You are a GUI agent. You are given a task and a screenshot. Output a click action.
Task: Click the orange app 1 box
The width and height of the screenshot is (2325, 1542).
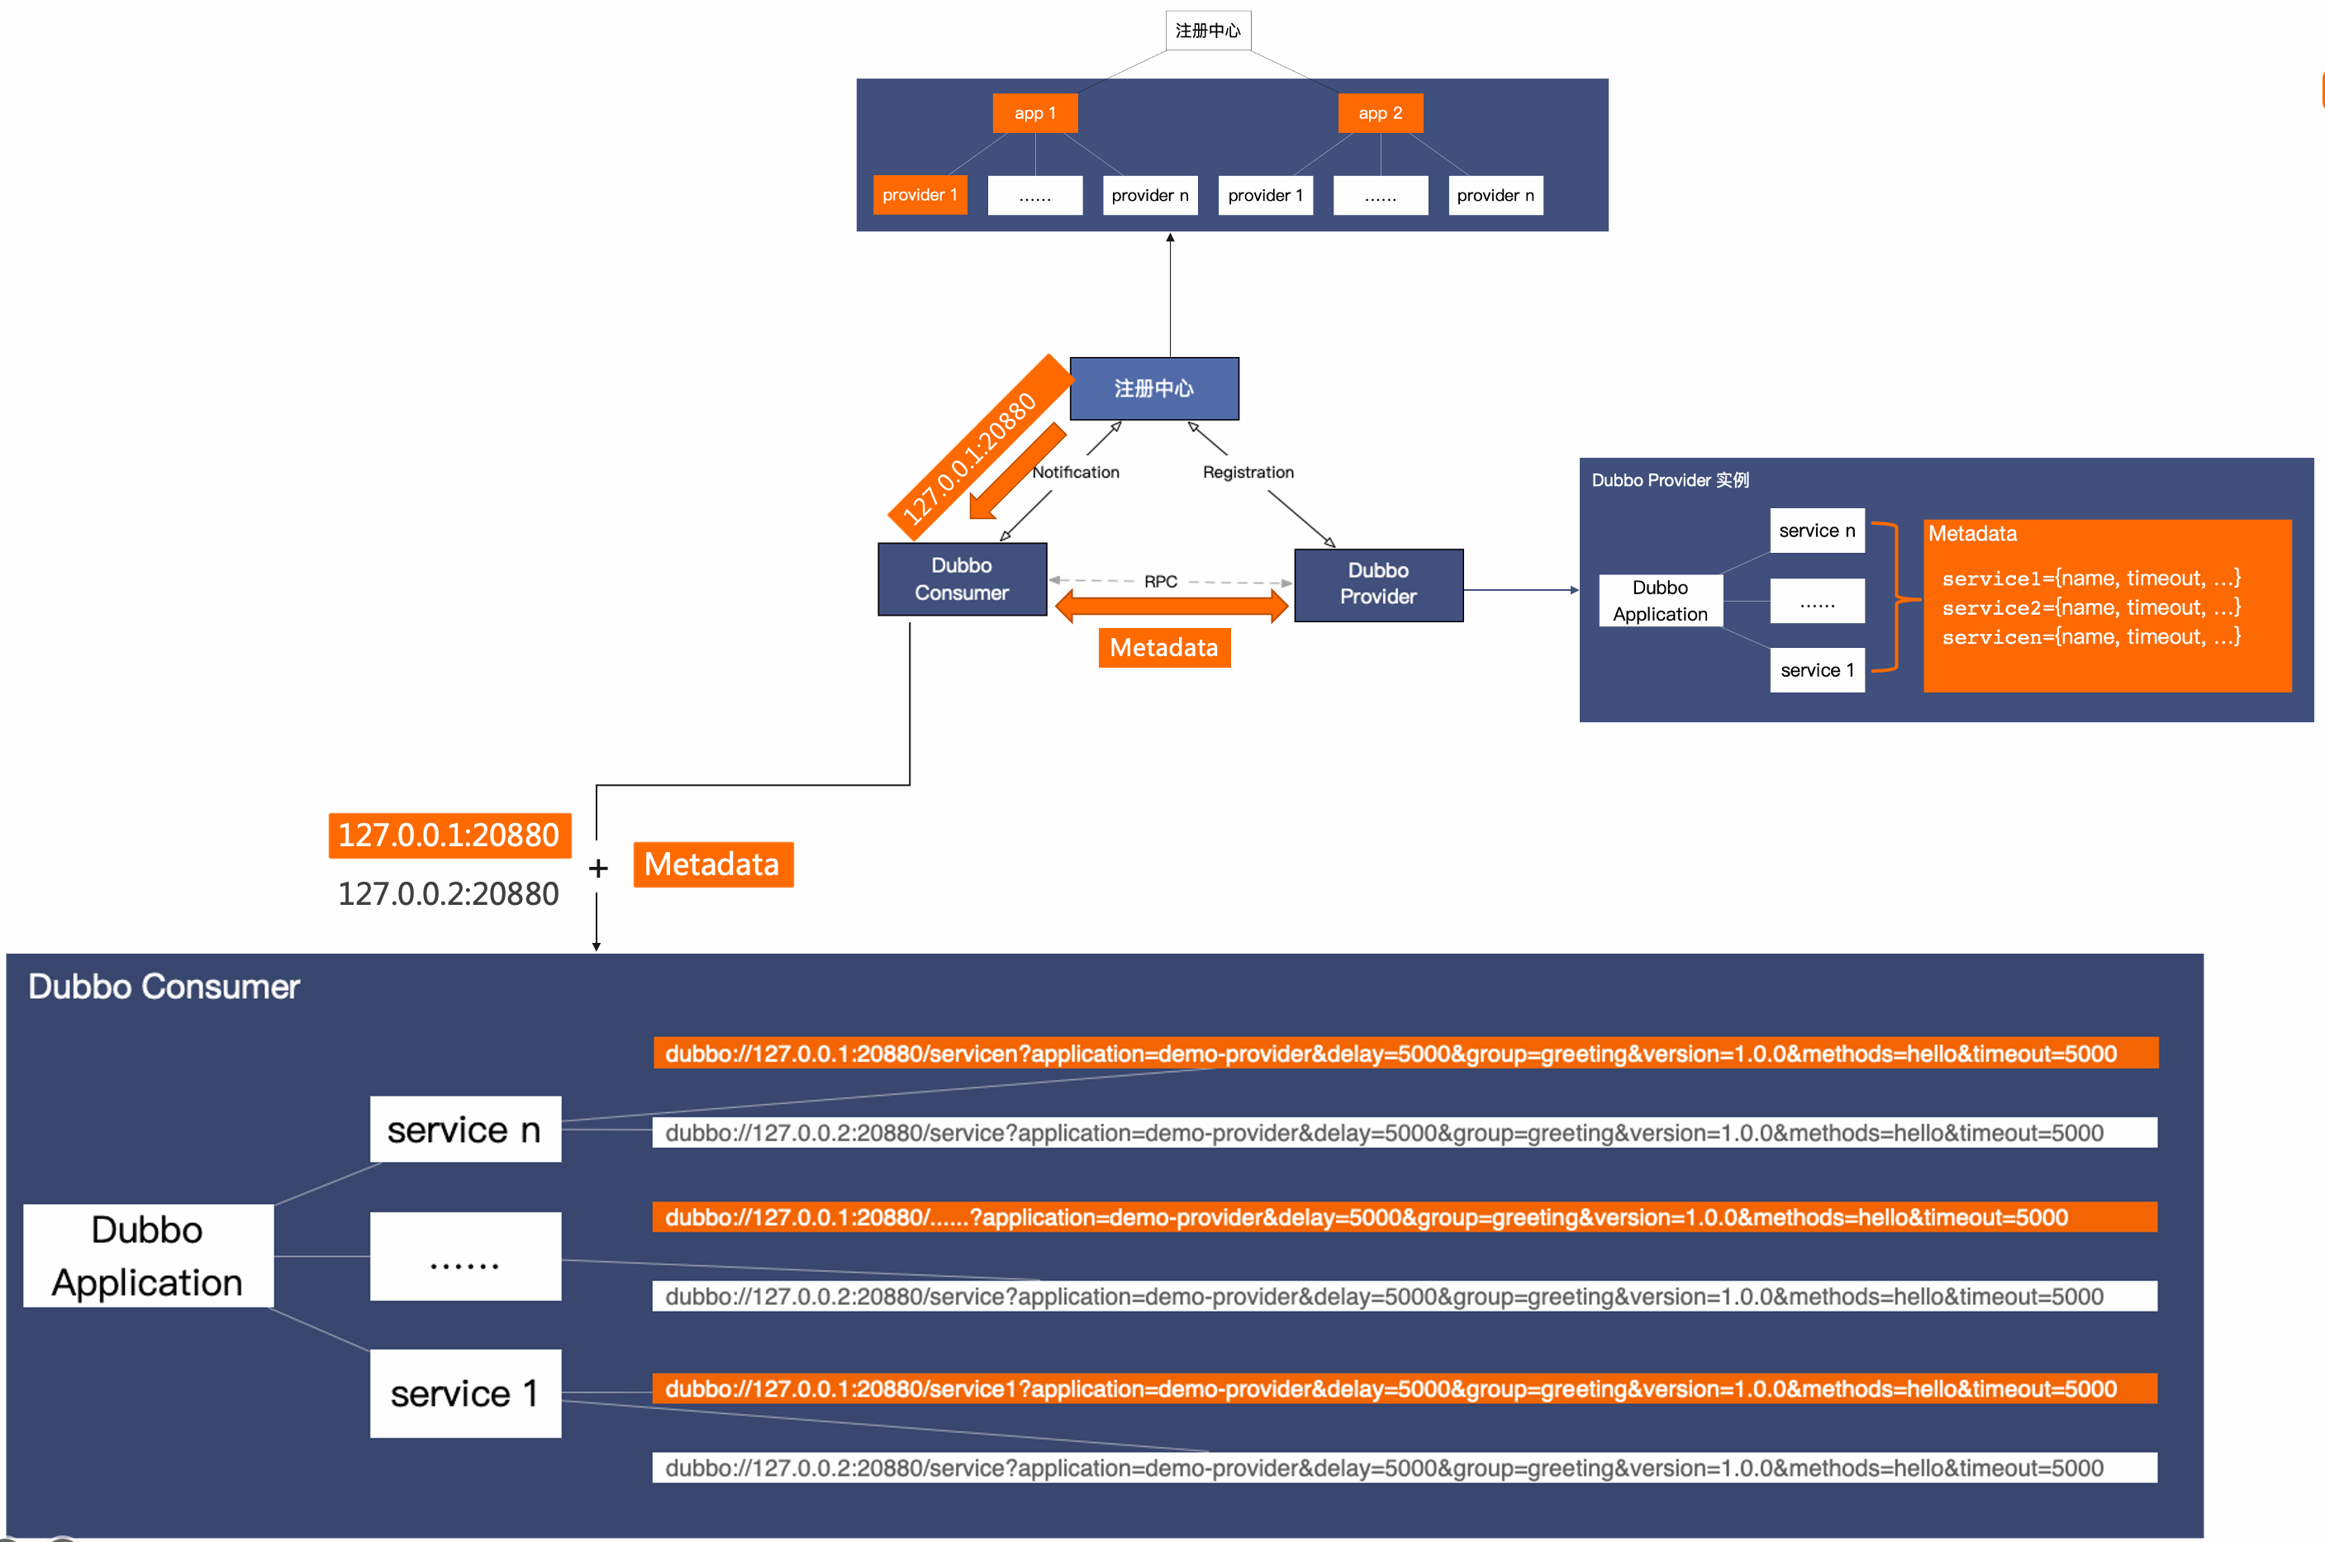1034,113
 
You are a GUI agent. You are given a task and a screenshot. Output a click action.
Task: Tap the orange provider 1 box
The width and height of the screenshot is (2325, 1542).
920,195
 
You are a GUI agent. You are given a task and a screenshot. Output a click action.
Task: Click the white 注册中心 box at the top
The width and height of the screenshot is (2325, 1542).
1207,31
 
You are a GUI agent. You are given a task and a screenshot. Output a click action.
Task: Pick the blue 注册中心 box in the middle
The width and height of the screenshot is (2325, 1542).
1153,388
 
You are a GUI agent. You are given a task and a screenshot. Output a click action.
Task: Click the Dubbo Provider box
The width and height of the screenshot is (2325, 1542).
1377,584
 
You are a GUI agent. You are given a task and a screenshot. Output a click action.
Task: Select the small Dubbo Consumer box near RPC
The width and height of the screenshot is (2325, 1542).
962,579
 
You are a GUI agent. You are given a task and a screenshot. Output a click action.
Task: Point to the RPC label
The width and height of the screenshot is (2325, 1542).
1160,581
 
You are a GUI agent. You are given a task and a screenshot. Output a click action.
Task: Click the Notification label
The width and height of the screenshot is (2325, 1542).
1076,472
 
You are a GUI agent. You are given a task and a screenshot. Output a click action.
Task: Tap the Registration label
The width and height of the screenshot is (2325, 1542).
1248,472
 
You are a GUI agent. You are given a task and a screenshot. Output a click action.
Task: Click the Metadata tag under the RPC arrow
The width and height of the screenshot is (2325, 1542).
1163,648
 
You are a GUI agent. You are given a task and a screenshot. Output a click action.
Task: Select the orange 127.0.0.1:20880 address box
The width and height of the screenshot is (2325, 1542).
449,835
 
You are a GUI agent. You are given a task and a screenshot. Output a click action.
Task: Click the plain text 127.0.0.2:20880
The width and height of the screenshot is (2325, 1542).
449,894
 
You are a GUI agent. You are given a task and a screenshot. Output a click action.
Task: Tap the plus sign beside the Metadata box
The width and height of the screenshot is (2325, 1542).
597,869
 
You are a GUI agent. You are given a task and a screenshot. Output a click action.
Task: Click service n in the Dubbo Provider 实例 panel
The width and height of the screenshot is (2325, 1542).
1816,531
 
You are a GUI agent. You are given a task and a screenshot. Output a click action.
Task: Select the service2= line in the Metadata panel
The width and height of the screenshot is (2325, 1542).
2090,607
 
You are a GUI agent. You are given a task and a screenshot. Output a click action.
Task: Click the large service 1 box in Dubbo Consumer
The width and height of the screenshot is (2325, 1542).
465,1392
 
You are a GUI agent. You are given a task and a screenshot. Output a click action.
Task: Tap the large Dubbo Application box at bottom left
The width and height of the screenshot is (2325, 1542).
147,1256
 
